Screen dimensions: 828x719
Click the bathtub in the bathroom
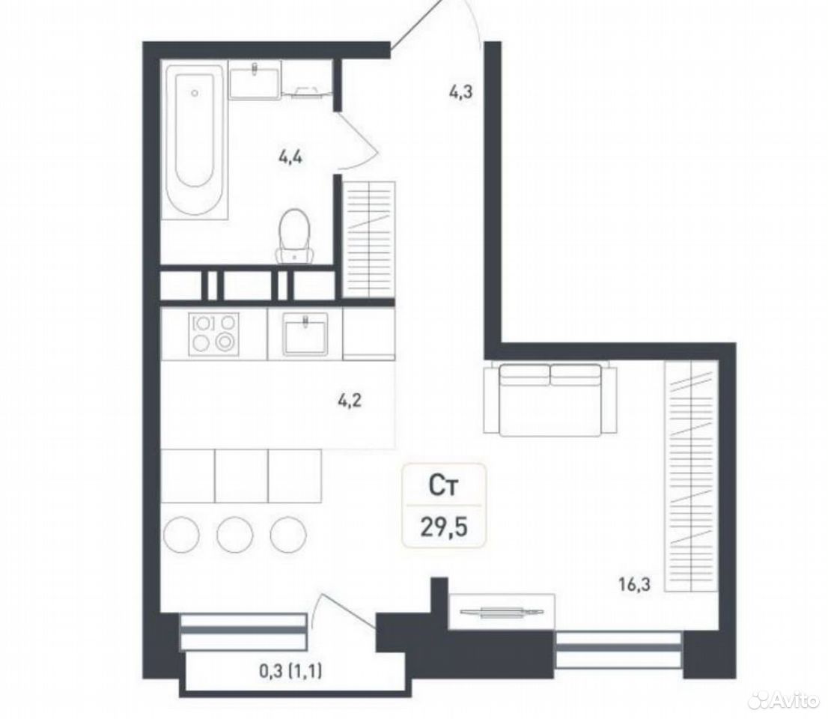195,139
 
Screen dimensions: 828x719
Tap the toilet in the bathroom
294,236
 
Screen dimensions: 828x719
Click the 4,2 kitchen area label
350,401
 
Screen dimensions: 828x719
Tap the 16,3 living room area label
634,584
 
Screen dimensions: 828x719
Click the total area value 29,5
444,527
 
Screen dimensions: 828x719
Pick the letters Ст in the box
442,486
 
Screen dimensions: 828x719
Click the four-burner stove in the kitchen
214,333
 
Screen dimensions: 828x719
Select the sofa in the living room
550,399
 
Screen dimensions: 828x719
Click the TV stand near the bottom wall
502,611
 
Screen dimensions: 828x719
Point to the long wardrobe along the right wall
691,476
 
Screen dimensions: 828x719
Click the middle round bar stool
235,534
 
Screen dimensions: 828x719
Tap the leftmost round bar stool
182,534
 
